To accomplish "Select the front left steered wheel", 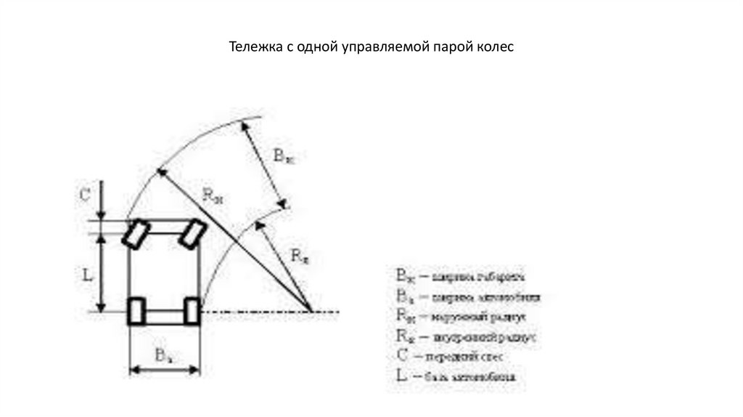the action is pyautogui.click(x=136, y=234).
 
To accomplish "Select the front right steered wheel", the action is pyautogui.click(x=193, y=234).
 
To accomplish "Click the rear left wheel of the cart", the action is pyautogui.click(x=136, y=311).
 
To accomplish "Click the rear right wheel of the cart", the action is pyautogui.click(x=192, y=311).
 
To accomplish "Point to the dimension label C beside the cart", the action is pyautogui.click(x=84, y=195).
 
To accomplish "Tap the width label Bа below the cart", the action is pyautogui.click(x=163, y=355).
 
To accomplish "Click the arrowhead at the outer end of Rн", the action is pyautogui.click(x=159, y=171).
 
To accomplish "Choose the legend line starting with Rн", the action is pyautogui.click(x=457, y=317).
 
